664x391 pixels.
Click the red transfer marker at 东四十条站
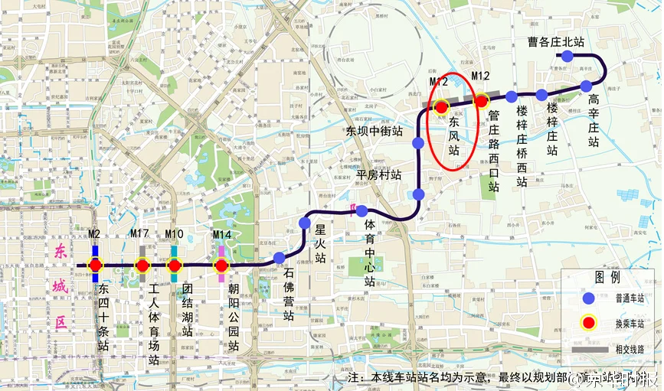click(x=96, y=266)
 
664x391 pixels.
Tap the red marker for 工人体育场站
click(x=142, y=266)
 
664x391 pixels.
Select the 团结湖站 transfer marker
click(x=175, y=266)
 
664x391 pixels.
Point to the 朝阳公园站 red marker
click(x=221, y=266)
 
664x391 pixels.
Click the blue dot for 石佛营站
click(x=280, y=258)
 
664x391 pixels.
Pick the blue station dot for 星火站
click(x=305, y=223)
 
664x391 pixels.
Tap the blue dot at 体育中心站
click(x=361, y=210)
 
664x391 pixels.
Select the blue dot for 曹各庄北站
click(x=568, y=56)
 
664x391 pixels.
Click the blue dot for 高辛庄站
click(x=586, y=86)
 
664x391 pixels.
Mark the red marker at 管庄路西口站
click(x=481, y=100)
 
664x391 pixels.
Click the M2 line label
click(x=95, y=234)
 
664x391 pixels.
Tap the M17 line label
click(x=139, y=234)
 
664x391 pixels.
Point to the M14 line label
click(x=222, y=234)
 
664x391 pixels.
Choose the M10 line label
click(x=175, y=234)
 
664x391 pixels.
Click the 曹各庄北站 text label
click(x=556, y=41)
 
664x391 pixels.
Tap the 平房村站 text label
click(x=379, y=174)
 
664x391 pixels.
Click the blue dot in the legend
click(x=588, y=298)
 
